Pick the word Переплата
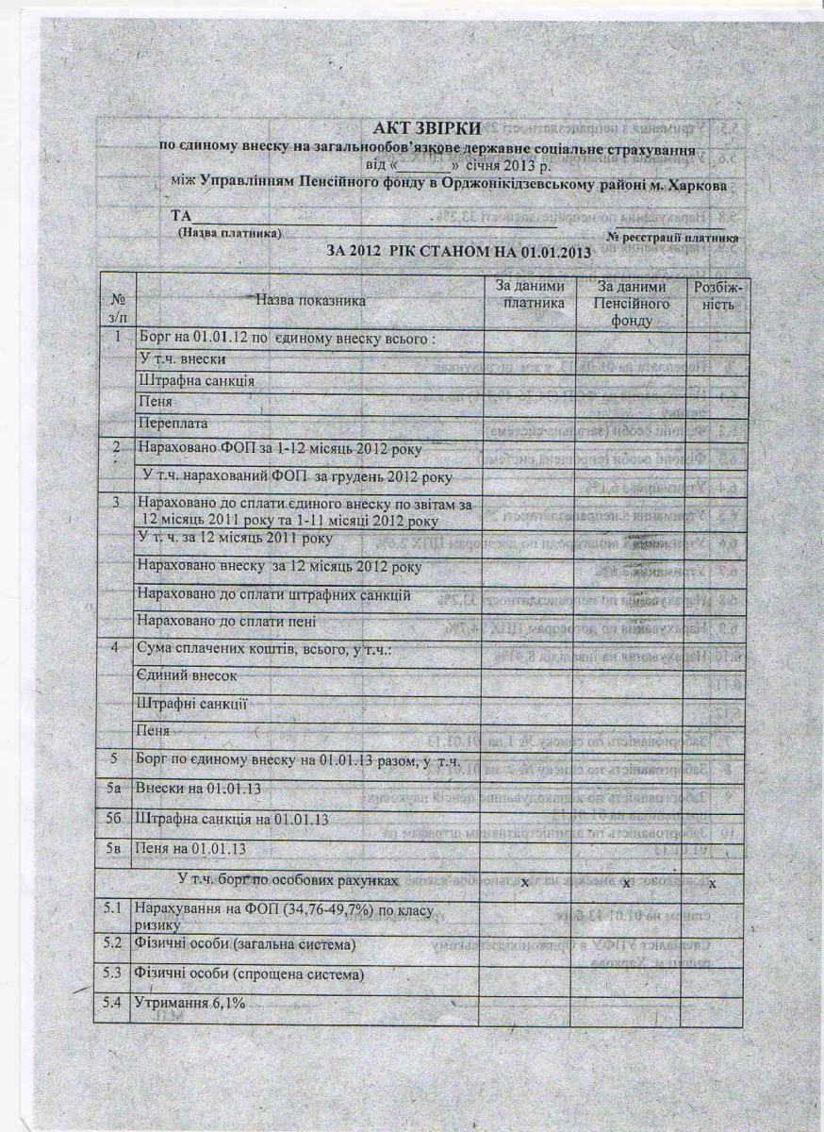[x=176, y=424]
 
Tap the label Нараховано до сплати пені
[x=226, y=622]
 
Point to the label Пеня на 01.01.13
[x=192, y=848]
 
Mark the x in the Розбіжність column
[x=713, y=883]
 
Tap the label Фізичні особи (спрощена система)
[x=251, y=974]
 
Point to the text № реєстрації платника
[x=672, y=236]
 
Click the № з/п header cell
[x=118, y=302]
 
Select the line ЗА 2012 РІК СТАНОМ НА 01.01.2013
[x=458, y=252]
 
